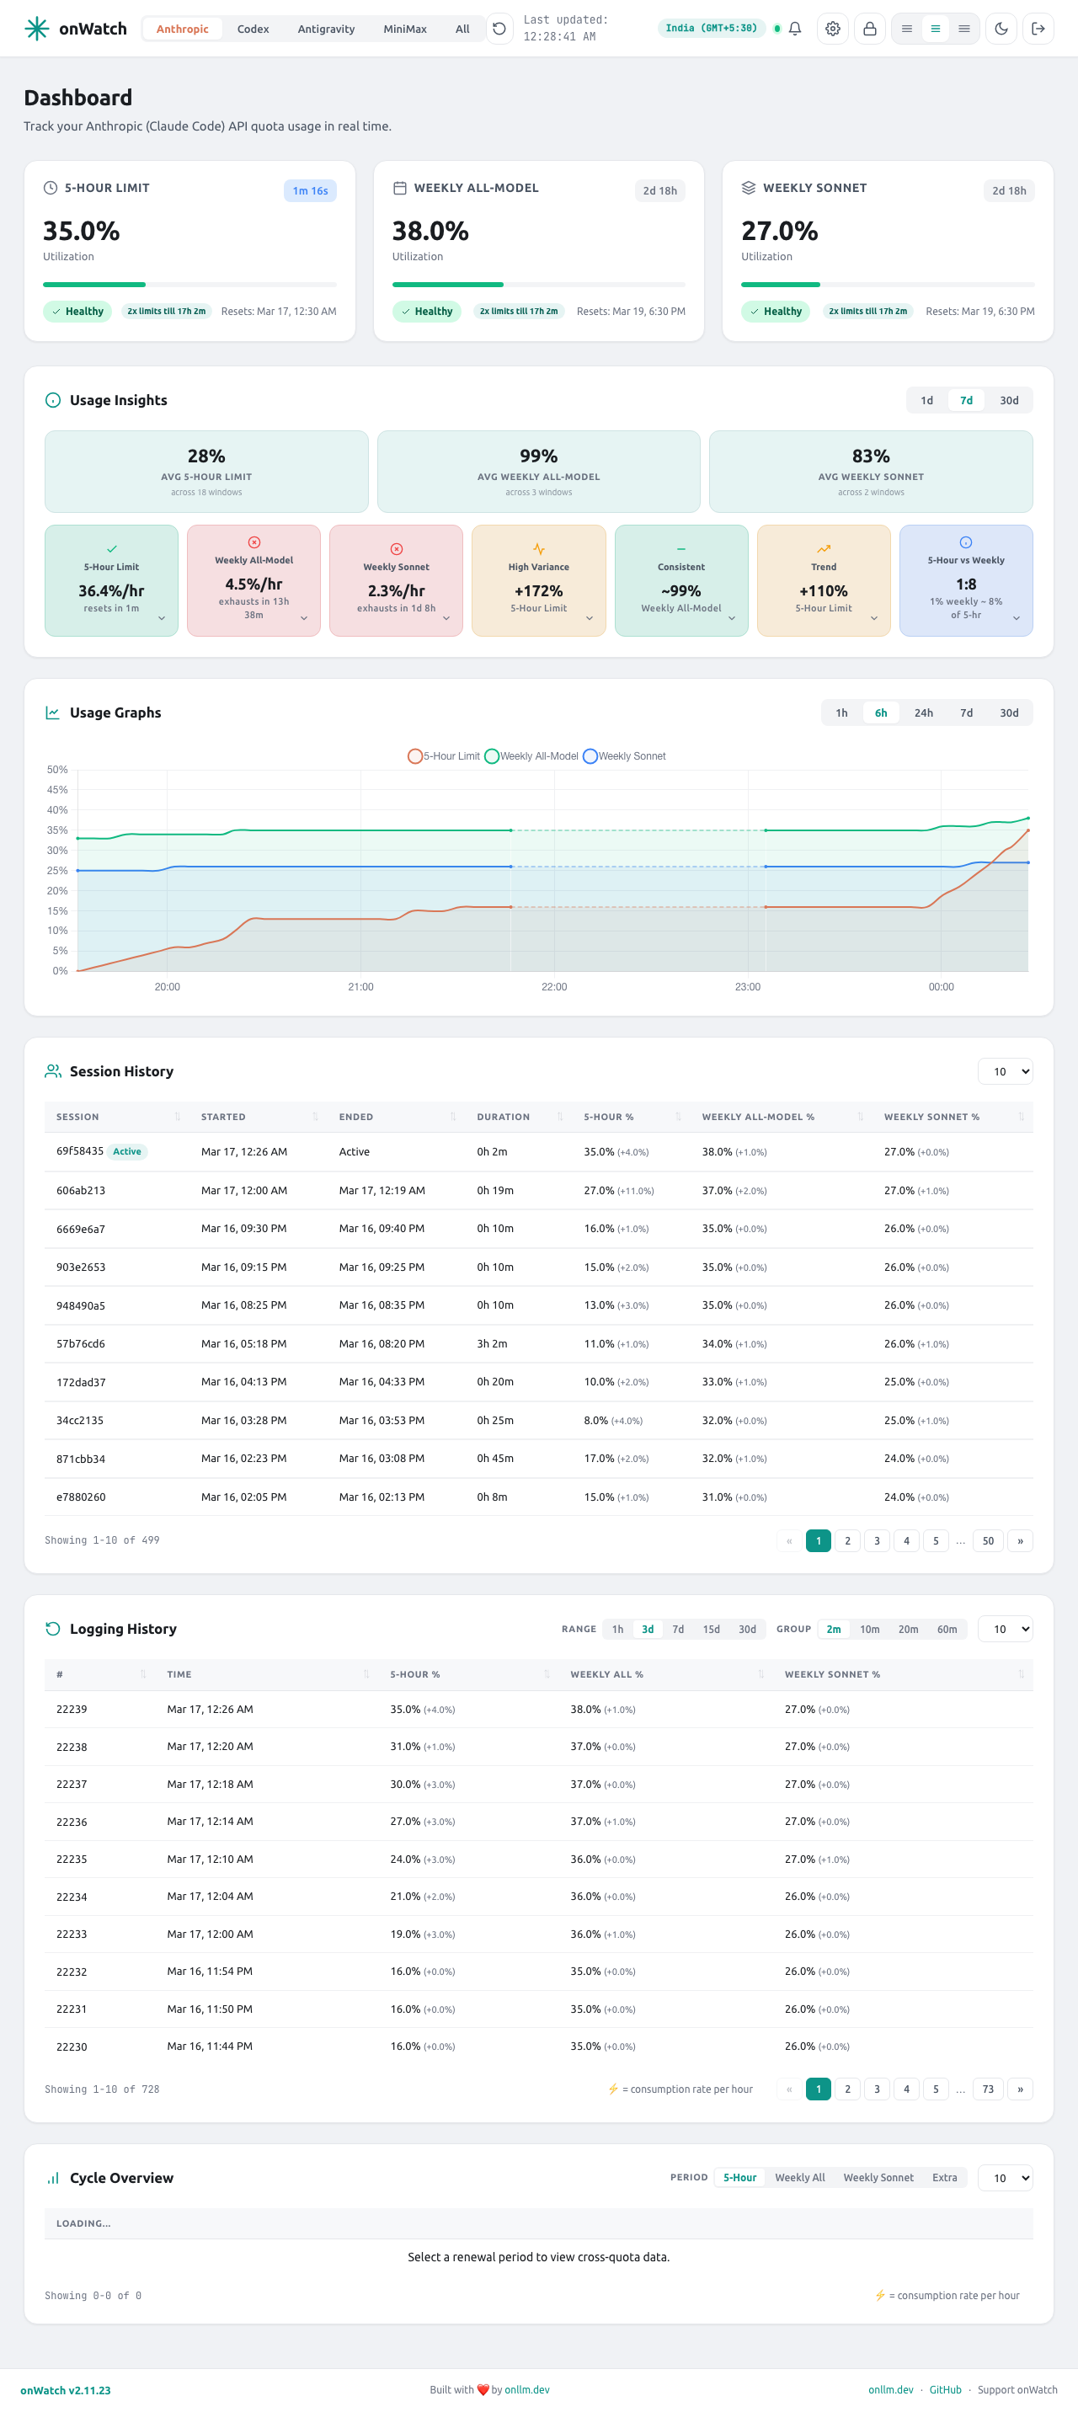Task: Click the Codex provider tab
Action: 253,29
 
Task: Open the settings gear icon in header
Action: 832,29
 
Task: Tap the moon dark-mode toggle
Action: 1001,29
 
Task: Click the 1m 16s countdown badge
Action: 310,191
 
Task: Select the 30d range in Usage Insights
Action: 1008,401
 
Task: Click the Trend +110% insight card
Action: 824,580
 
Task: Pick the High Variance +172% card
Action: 538,580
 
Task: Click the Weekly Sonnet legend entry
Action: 625,756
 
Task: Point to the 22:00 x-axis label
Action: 553,987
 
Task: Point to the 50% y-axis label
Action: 57,770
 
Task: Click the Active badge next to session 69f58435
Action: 127,1152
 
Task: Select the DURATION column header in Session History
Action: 503,1117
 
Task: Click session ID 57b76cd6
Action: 81,1343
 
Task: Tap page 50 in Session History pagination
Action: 987,1540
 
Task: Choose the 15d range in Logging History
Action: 711,1630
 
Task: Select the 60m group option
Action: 946,1630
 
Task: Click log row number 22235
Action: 72,1859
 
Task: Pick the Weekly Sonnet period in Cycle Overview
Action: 878,2178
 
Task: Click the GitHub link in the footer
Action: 945,2389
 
